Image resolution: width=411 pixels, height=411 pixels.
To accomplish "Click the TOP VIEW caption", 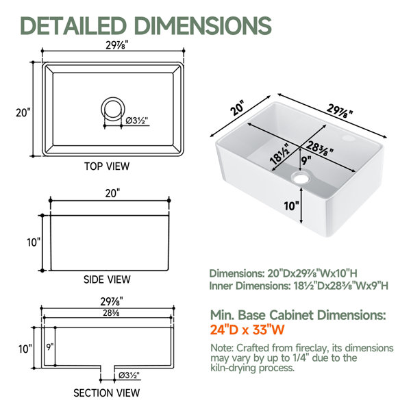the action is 107,166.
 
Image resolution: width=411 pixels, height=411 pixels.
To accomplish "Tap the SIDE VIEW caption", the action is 107,279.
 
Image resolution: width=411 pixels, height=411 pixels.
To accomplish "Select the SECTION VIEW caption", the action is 107,393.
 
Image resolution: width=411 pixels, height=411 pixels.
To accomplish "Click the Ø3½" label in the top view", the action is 137,121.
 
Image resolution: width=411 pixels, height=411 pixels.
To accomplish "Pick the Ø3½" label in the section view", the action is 129,375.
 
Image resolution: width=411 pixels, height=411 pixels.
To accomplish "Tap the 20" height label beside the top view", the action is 23,113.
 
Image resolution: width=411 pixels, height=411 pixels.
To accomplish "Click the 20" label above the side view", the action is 112,193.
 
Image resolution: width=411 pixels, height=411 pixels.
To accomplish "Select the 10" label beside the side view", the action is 34,242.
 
